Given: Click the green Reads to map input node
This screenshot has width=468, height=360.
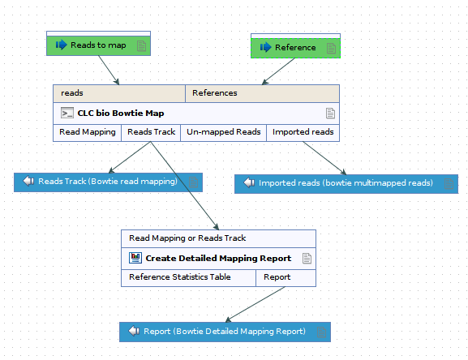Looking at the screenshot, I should click(98, 45).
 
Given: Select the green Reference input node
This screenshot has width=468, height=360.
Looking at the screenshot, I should click(295, 48).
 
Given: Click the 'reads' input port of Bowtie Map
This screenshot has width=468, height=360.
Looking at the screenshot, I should click(119, 93).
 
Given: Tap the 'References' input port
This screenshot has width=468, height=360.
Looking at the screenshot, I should click(262, 93).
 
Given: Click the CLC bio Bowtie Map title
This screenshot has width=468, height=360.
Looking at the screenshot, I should click(120, 114).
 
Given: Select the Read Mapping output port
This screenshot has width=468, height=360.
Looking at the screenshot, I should click(88, 132).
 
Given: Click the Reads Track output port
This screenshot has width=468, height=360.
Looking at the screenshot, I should click(151, 132).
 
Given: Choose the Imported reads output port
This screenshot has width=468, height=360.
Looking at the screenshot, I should click(303, 132).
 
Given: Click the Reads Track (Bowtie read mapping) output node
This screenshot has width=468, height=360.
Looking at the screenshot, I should click(108, 182).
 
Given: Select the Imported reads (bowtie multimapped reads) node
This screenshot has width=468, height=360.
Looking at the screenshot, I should click(346, 183).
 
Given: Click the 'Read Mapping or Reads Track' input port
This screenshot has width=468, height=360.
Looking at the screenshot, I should click(218, 238).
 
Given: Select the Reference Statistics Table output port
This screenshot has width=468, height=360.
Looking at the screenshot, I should click(188, 277).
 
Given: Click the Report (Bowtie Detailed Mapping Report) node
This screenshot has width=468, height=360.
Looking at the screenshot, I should click(225, 332).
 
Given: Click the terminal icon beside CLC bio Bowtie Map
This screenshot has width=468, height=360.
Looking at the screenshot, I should click(67, 114).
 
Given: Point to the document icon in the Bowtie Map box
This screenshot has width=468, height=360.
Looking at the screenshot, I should click(330, 114).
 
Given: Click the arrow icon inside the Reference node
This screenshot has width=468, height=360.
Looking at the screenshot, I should click(264, 48).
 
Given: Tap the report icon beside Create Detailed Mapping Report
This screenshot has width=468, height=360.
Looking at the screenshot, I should click(135, 259).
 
